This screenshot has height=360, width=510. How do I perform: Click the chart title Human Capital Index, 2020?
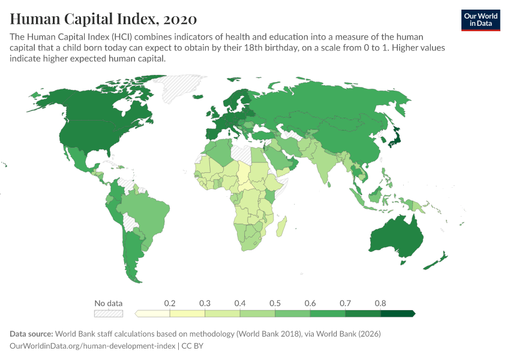[x=103, y=19]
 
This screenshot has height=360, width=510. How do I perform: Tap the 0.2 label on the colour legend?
[x=170, y=303]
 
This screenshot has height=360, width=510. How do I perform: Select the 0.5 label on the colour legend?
[x=275, y=303]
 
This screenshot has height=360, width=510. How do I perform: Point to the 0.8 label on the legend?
[x=380, y=303]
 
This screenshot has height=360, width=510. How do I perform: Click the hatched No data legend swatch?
[x=108, y=313]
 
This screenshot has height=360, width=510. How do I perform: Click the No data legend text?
[x=108, y=303]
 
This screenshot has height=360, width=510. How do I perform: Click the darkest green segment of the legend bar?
[x=398, y=313]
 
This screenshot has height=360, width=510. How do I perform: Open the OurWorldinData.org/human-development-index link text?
[x=93, y=346]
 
